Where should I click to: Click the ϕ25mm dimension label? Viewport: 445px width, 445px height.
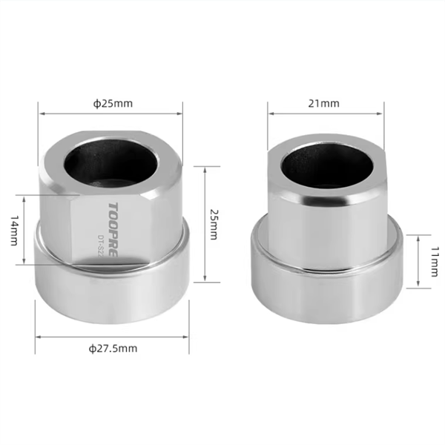point(113,104)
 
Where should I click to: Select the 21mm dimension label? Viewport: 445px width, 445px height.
point(324,104)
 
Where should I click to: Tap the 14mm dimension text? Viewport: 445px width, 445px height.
point(14,231)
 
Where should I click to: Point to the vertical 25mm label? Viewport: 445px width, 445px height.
point(214,225)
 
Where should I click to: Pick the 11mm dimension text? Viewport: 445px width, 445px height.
point(435,262)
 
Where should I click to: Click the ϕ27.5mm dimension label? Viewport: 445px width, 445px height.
point(113,349)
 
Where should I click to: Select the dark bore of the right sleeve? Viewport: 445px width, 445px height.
point(328,168)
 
